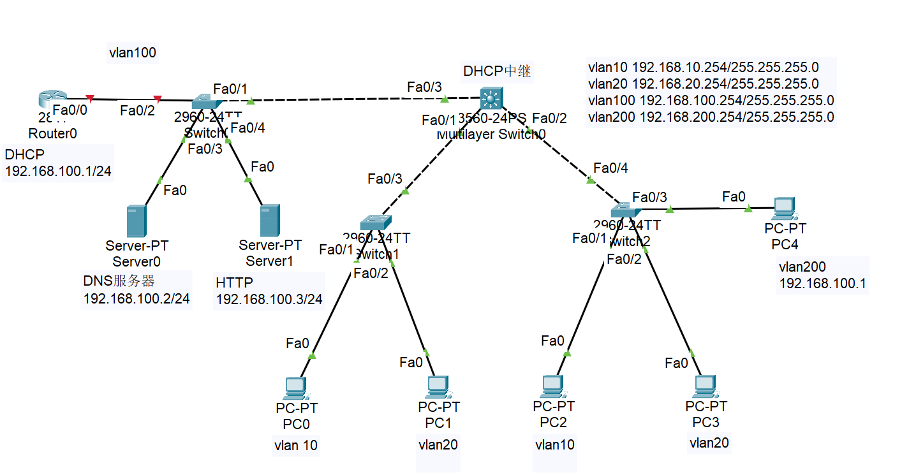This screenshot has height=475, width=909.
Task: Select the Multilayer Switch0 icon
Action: coord(491,98)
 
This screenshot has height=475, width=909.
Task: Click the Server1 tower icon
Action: coord(270,221)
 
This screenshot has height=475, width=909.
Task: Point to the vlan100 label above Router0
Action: coord(133,53)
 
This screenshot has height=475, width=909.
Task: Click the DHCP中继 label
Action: coord(497,71)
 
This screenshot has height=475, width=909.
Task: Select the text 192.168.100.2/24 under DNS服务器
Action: coord(137,298)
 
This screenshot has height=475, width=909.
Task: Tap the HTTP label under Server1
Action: coord(234,282)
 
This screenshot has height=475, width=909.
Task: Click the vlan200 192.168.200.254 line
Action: coord(711,117)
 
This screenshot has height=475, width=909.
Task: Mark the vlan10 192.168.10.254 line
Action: coord(703,67)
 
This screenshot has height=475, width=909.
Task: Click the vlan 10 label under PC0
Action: coord(295,445)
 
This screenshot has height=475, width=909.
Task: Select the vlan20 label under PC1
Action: coord(438,445)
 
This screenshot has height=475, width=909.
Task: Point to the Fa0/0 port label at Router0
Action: coord(70,110)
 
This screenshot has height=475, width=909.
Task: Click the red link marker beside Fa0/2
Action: coord(157,99)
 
